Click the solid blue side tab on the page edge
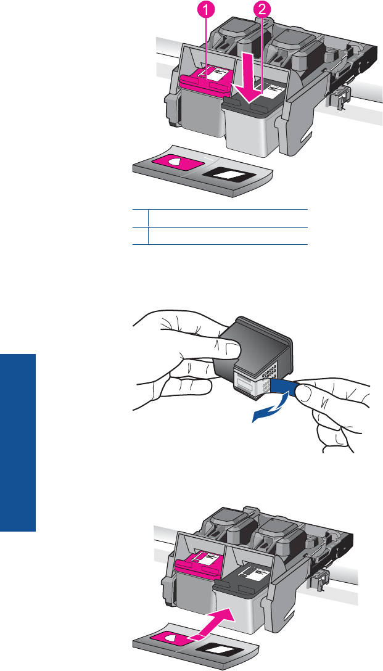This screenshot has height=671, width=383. coord(18,442)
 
